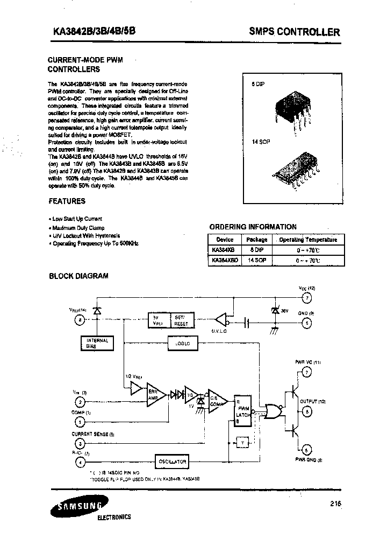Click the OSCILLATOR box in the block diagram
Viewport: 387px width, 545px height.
point(171,462)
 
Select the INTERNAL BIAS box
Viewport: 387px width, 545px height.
point(97,343)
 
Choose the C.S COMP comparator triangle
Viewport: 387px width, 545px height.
point(217,399)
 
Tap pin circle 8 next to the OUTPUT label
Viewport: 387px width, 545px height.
point(306,412)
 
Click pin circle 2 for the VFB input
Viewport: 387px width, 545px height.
point(80,402)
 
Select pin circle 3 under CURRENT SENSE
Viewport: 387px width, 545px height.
point(80,443)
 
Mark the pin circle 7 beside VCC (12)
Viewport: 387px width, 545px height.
point(306,298)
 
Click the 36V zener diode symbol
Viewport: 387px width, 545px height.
point(275,311)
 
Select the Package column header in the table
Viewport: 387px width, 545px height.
point(256,240)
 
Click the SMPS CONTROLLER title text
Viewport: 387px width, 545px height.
point(294,32)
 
